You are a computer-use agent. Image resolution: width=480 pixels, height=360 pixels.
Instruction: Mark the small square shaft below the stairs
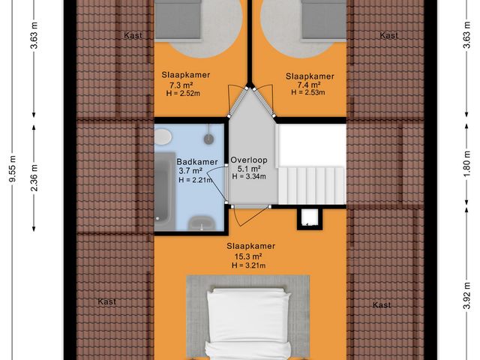coord(308,217)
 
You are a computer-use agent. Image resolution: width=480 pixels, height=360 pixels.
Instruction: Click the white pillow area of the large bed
coord(248,307)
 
